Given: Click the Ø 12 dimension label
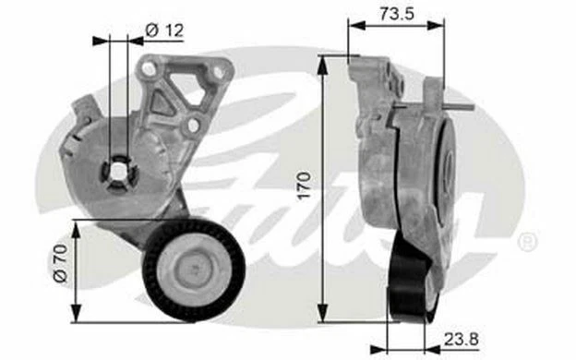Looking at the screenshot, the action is tap(164, 30).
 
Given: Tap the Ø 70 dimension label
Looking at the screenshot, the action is tap(61, 263).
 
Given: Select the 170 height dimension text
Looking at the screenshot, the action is tap(304, 186).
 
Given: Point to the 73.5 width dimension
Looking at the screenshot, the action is tap(397, 14).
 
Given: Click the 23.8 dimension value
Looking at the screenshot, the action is tap(461, 339).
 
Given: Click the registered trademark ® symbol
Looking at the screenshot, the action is tap(528, 242).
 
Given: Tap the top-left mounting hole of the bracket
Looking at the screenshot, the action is tap(149, 68).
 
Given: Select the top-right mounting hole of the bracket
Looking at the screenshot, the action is tap(218, 72).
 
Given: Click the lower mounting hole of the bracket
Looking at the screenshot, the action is tap(193, 126).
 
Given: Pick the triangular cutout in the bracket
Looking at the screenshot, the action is tap(161, 103).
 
